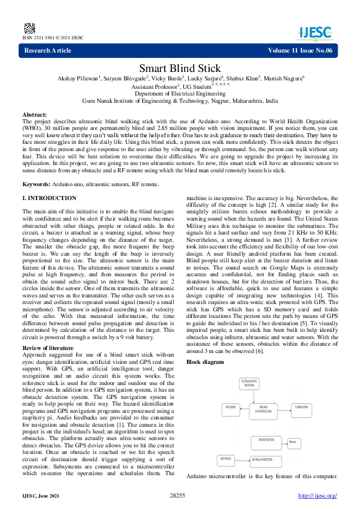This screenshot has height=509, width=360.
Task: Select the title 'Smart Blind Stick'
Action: [180, 68]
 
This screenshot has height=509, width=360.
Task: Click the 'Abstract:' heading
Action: [34, 114]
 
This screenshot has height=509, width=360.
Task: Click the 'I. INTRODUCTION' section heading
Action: [49, 198]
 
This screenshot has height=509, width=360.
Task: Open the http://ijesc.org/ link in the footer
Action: [318, 496]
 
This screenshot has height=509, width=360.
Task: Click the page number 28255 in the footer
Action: [177, 496]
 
